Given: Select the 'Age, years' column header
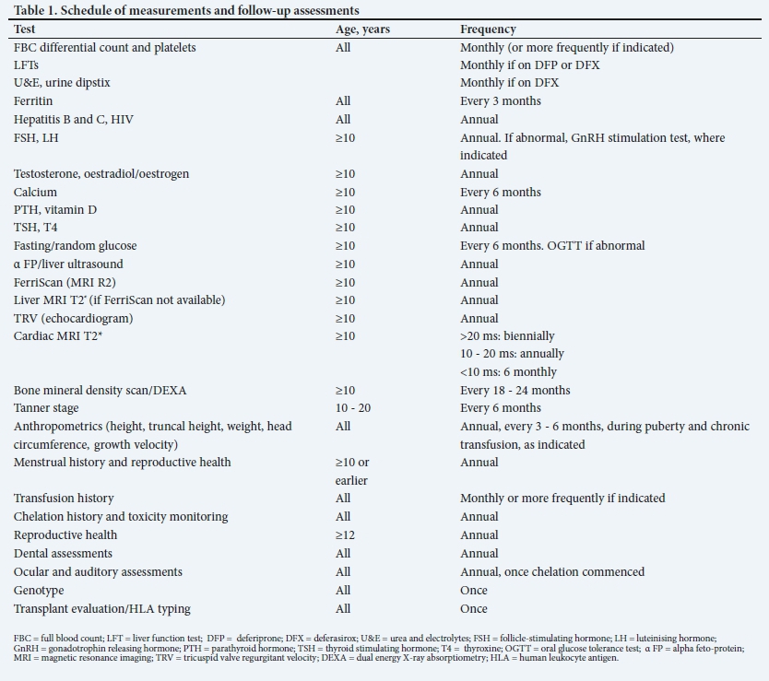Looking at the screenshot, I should point(362,29).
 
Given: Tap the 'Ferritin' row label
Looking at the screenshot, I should point(33,101).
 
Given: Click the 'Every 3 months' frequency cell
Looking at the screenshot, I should point(501,101).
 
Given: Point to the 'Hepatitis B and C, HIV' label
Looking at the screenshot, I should point(67,120).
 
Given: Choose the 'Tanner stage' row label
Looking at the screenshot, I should point(46,408).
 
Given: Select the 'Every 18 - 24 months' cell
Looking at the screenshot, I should point(515,391).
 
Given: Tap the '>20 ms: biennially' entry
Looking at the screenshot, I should point(507,336).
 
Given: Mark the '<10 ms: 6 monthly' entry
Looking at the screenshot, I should point(508,372).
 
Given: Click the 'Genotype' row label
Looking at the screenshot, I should point(39,591).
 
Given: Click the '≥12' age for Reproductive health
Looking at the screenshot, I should point(344,535).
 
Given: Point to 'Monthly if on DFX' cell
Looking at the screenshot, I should point(509,83).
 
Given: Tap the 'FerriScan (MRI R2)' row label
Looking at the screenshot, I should point(65,282).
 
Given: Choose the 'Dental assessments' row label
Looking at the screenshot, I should point(63,554).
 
